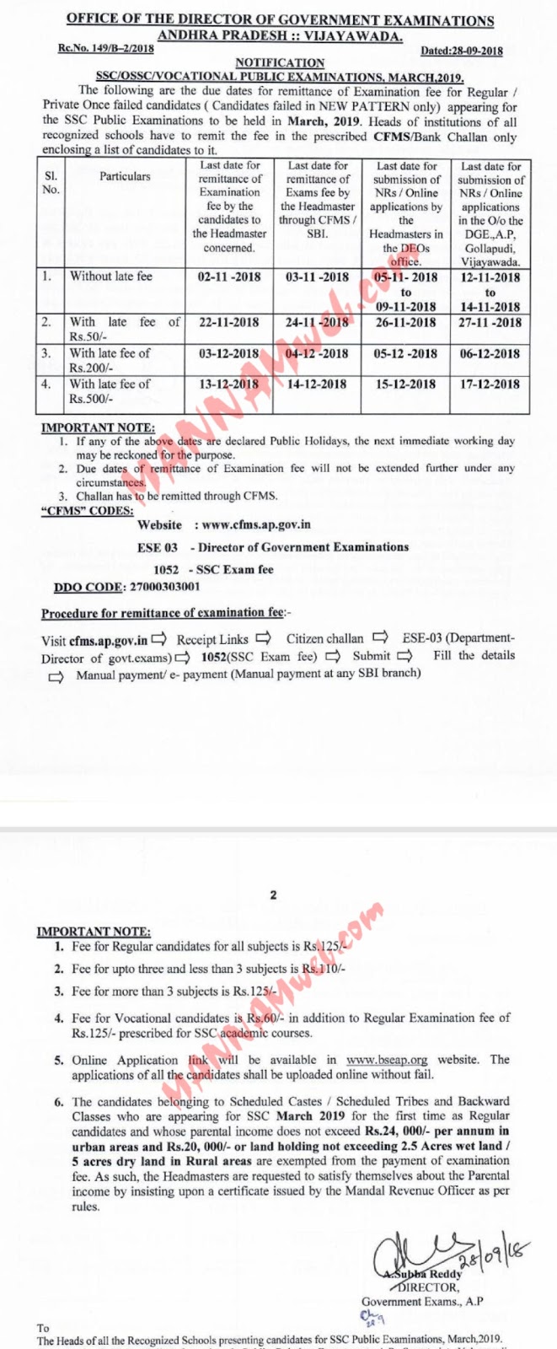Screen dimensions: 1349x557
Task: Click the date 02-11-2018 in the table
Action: [229, 277]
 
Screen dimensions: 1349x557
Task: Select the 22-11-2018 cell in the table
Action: [229, 322]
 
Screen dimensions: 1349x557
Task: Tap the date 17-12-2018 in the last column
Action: [490, 384]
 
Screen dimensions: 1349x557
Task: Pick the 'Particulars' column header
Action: [125, 176]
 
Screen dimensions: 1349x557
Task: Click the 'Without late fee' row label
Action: [102, 276]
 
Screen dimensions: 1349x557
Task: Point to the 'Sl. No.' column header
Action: [51, 183]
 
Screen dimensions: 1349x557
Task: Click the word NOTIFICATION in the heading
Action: [279, 62]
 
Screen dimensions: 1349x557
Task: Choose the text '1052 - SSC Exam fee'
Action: [213, 569]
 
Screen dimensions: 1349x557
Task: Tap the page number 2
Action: [272, 895]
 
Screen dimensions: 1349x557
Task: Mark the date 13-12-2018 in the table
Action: [229, 384]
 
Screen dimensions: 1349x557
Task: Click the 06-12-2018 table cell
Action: [490, 353]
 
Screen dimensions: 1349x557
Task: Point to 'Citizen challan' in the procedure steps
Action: [324, 638]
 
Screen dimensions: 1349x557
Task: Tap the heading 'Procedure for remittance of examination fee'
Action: [163, 613]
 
